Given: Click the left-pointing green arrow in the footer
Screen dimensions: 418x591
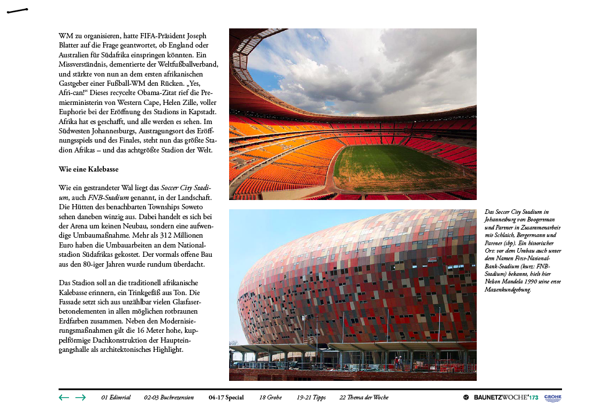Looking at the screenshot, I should click(x=64, y=398).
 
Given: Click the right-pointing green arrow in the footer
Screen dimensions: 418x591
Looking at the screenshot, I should click(x=81, y=398).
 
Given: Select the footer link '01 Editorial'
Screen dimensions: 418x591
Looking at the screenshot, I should click(x=115, y=398).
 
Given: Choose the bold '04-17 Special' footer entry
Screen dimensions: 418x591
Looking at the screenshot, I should click(x=226, y=398).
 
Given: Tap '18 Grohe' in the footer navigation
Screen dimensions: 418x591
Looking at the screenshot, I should click(x=270, y=398).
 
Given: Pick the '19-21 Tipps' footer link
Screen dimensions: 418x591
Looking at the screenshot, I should click(x=311, y=398).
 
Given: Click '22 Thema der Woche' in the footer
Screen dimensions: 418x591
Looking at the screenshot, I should click(x=364, y=398).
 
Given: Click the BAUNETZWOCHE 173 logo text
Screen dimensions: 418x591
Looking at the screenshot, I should click(x=505, y=398).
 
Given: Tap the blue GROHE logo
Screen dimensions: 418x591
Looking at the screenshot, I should click(x=553, y=398).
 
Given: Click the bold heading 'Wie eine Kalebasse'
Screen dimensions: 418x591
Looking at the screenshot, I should click(x=89, y=169).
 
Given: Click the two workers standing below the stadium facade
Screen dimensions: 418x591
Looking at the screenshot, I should click(x=398, y=362).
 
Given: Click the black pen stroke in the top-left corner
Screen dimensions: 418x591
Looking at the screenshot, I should click(x=17, y=10).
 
